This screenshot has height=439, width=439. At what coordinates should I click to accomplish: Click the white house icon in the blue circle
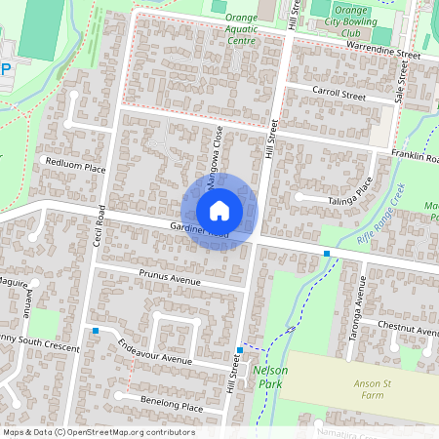(219, 211)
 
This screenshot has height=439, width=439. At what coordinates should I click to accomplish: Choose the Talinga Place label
(352, 186)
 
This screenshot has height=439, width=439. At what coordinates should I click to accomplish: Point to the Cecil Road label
(100, 223)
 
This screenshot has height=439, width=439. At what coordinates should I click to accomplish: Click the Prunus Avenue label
(169, 277)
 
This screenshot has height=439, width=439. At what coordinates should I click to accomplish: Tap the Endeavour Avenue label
(150, 350)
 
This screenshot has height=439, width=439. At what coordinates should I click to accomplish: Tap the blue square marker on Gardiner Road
(327, 254)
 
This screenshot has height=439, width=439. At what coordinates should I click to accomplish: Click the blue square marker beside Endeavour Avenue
(96, 332)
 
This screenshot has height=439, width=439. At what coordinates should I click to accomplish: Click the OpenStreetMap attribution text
(98, 432)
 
